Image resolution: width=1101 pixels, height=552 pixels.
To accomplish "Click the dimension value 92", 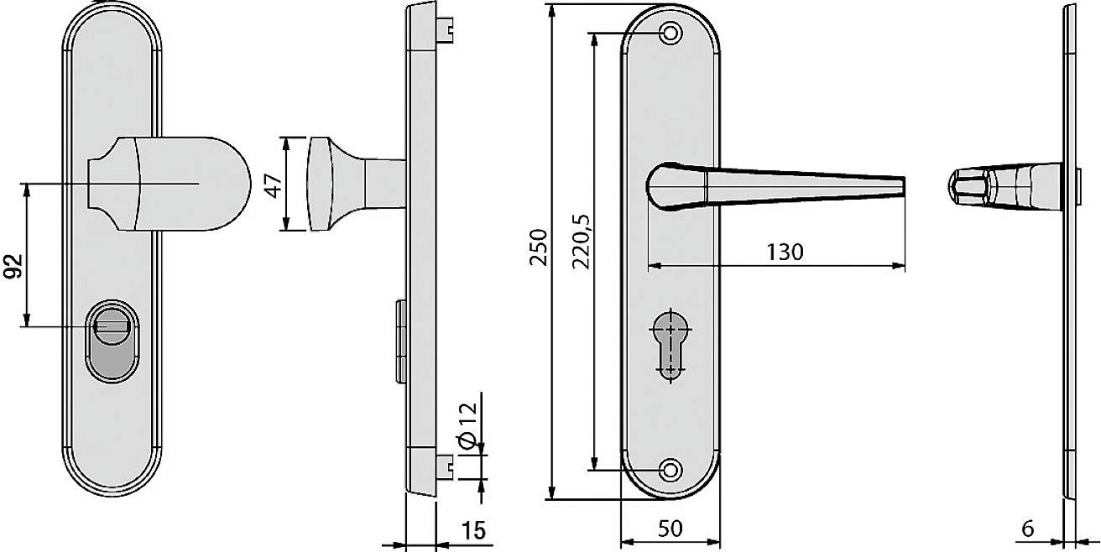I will tap(13, 266).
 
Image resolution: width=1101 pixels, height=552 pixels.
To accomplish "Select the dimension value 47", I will tap(271, 184).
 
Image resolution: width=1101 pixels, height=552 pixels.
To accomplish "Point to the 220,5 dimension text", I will tap(581, 243).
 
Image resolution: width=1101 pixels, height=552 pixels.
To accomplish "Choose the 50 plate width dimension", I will tap(670, 529).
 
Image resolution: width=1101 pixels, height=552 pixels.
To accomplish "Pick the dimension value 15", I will tap(472, 530).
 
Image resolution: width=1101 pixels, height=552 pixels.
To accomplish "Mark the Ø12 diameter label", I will tap(467, 424).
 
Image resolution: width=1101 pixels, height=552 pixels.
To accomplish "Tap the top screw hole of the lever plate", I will tap(670, 34).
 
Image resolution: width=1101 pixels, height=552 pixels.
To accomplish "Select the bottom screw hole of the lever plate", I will tap(670, 471).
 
